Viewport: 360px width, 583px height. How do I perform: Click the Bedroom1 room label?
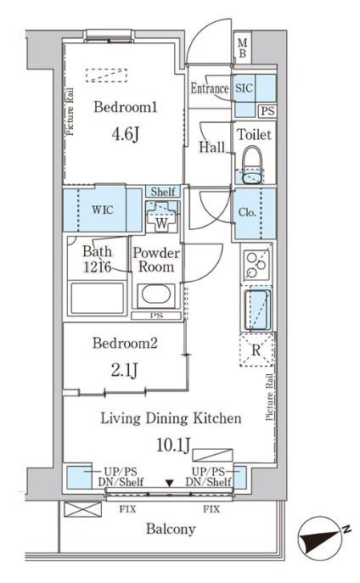tap(126, 107)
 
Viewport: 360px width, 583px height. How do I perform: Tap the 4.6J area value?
tap(126, 134)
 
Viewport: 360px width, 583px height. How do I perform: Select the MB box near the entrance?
tap(243, 48)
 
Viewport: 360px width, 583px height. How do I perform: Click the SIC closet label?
tap(244, 88)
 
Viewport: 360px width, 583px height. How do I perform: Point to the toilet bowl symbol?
tap(253, 165)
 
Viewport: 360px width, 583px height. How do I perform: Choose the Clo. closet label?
tap(247, 213)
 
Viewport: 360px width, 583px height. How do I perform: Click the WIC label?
tap(102, 210)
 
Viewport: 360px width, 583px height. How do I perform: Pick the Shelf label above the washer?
tap(163, 192)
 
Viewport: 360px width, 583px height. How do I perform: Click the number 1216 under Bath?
tap(97, 266)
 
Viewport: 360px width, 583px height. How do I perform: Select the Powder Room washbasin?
tap(156, 294)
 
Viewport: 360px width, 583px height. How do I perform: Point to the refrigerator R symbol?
tap(256, 350)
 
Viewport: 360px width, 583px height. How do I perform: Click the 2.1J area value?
tap(125, 370)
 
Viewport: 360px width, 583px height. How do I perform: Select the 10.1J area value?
tap(173, 445)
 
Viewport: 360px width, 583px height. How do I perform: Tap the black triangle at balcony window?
tap(170, 483)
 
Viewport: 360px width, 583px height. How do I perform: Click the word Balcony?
tap(171, 529)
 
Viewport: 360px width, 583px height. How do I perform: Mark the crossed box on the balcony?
tap(82, 509)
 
